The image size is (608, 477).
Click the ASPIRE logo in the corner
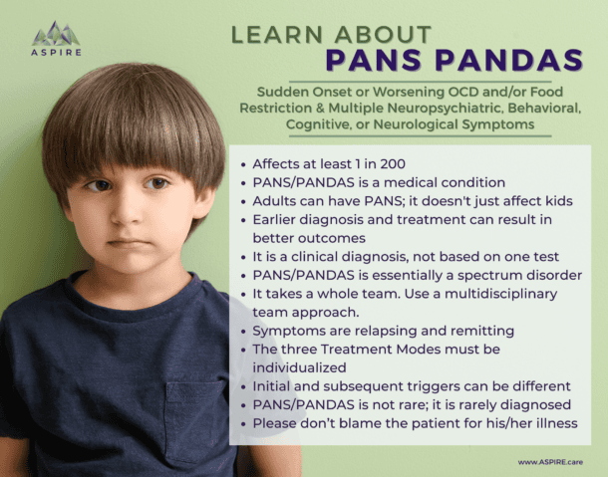56,39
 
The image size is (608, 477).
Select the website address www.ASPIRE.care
550,461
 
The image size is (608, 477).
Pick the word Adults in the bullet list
276,199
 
